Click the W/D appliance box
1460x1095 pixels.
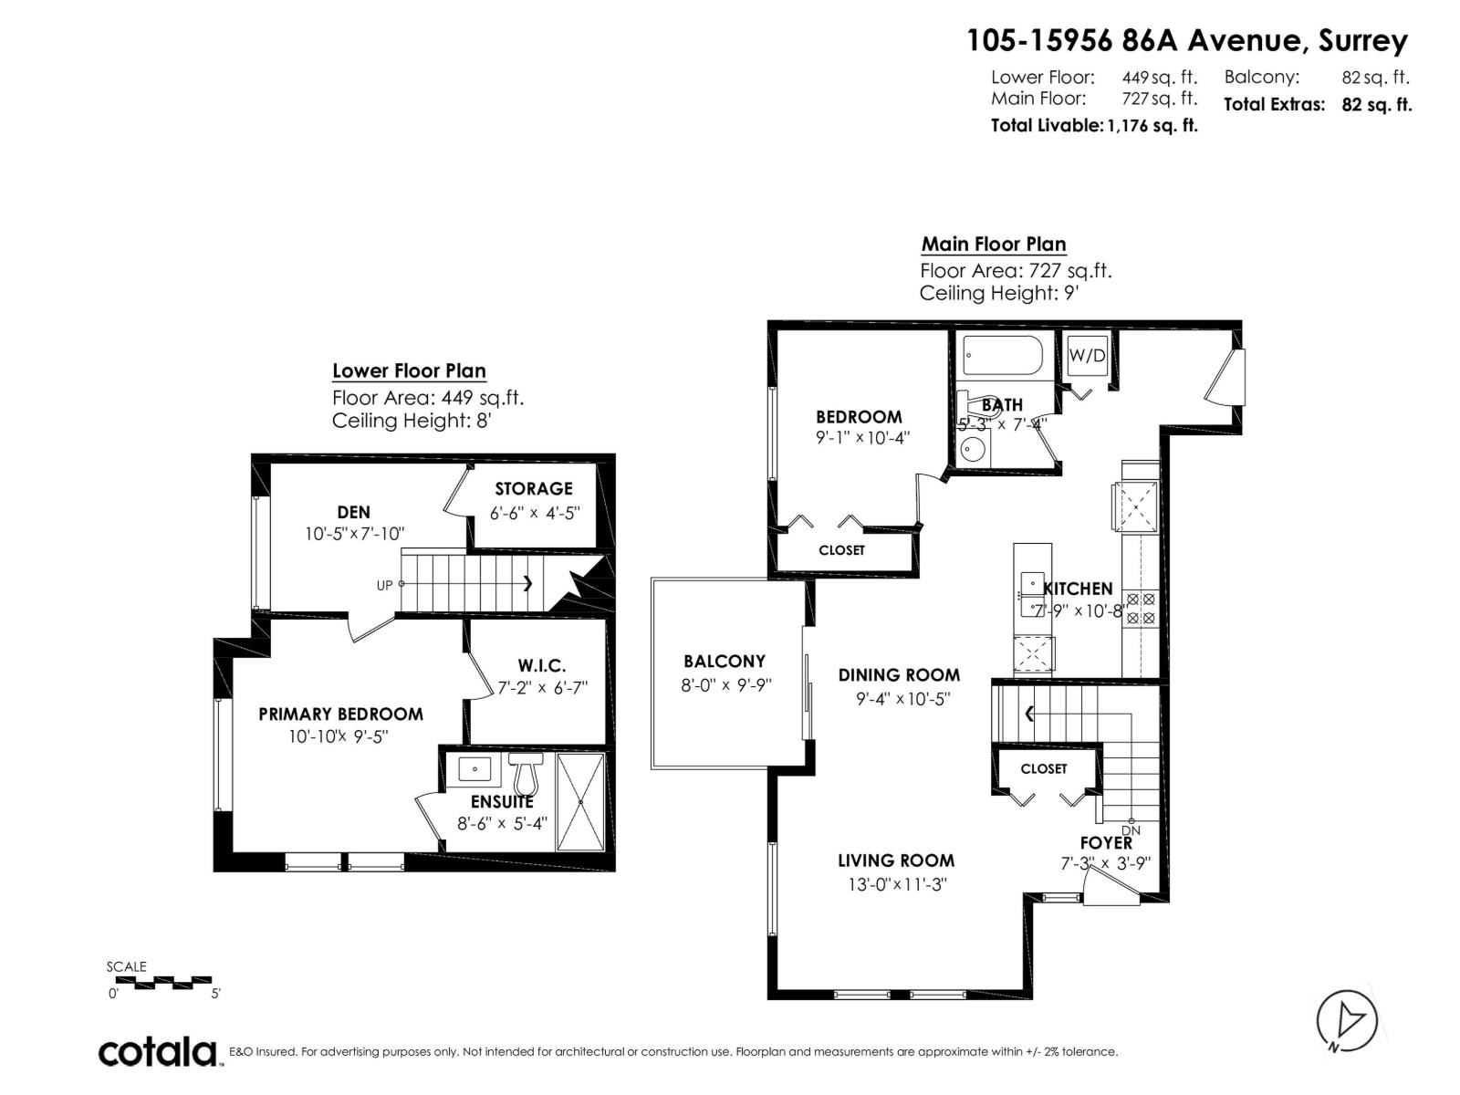(1087, 356)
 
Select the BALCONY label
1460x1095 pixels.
(725, 662)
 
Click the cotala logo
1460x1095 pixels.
(158, 1052)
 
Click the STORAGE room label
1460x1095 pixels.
(534, 489)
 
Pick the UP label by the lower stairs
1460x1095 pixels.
(384, 585)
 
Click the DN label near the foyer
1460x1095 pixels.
(1131, 830)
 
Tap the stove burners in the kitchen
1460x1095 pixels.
(1141, 609)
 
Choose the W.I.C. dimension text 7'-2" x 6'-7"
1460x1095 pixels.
(543, 688)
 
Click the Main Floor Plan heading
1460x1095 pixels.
(993, 245)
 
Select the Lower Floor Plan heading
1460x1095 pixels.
(409, 371)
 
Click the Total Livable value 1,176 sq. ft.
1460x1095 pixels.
(1152, 126)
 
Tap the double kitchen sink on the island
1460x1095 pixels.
(1031, 595)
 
